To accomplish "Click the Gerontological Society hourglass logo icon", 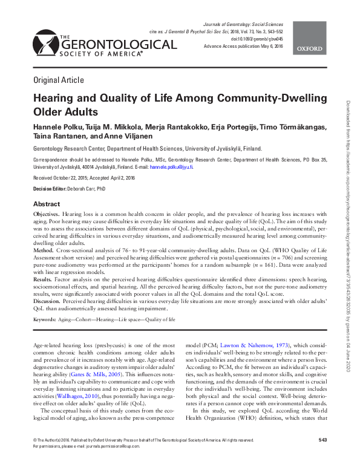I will click(43, 41).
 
